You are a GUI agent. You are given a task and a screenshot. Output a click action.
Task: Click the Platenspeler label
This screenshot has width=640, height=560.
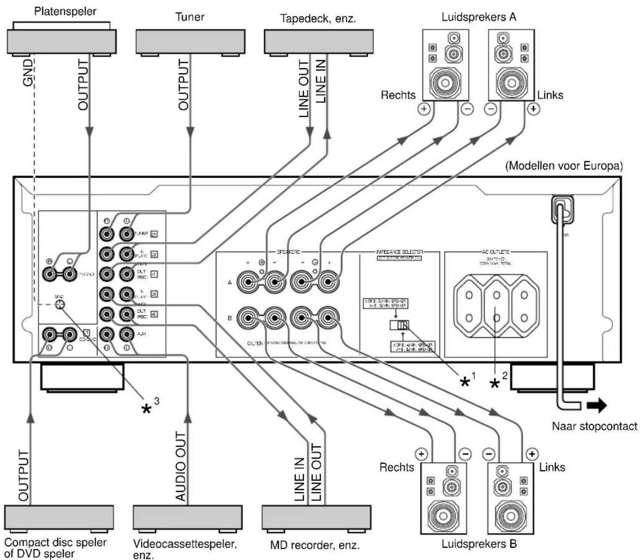[65, 11]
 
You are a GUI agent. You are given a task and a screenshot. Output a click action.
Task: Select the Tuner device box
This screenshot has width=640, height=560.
[190, 41]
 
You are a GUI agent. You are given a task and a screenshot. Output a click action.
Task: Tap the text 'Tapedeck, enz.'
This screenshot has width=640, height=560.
[318, 19]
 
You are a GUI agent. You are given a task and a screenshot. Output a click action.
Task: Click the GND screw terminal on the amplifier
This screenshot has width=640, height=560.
[60, 304]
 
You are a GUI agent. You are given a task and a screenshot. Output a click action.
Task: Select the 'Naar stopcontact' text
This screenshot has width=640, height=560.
[594, 427]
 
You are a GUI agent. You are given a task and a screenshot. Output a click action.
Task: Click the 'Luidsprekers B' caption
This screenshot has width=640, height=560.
[479, 544]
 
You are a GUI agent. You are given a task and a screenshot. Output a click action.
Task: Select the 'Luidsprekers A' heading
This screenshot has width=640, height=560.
[479, 17]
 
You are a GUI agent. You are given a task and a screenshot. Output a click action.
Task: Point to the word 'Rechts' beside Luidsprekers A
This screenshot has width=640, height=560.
[398, 95]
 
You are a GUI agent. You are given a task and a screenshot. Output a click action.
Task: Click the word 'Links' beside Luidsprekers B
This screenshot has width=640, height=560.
[552, 467]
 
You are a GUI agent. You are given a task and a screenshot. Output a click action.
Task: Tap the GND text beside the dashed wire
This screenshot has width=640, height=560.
[28, 72]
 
